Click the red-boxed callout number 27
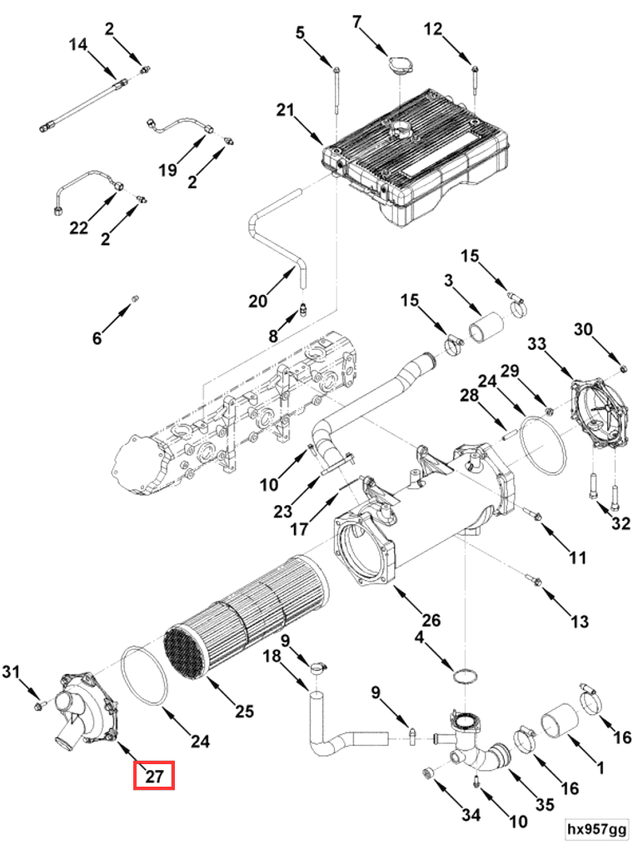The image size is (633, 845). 154,776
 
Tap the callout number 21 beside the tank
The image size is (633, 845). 286,110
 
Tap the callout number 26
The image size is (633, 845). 431,620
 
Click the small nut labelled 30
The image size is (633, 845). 623,368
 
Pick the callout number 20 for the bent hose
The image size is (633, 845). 258,301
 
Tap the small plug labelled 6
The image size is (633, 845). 136,298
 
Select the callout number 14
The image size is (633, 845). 78,44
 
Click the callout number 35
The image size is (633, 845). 545,804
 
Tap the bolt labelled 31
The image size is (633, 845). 40,706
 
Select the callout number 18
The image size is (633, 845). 272,657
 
